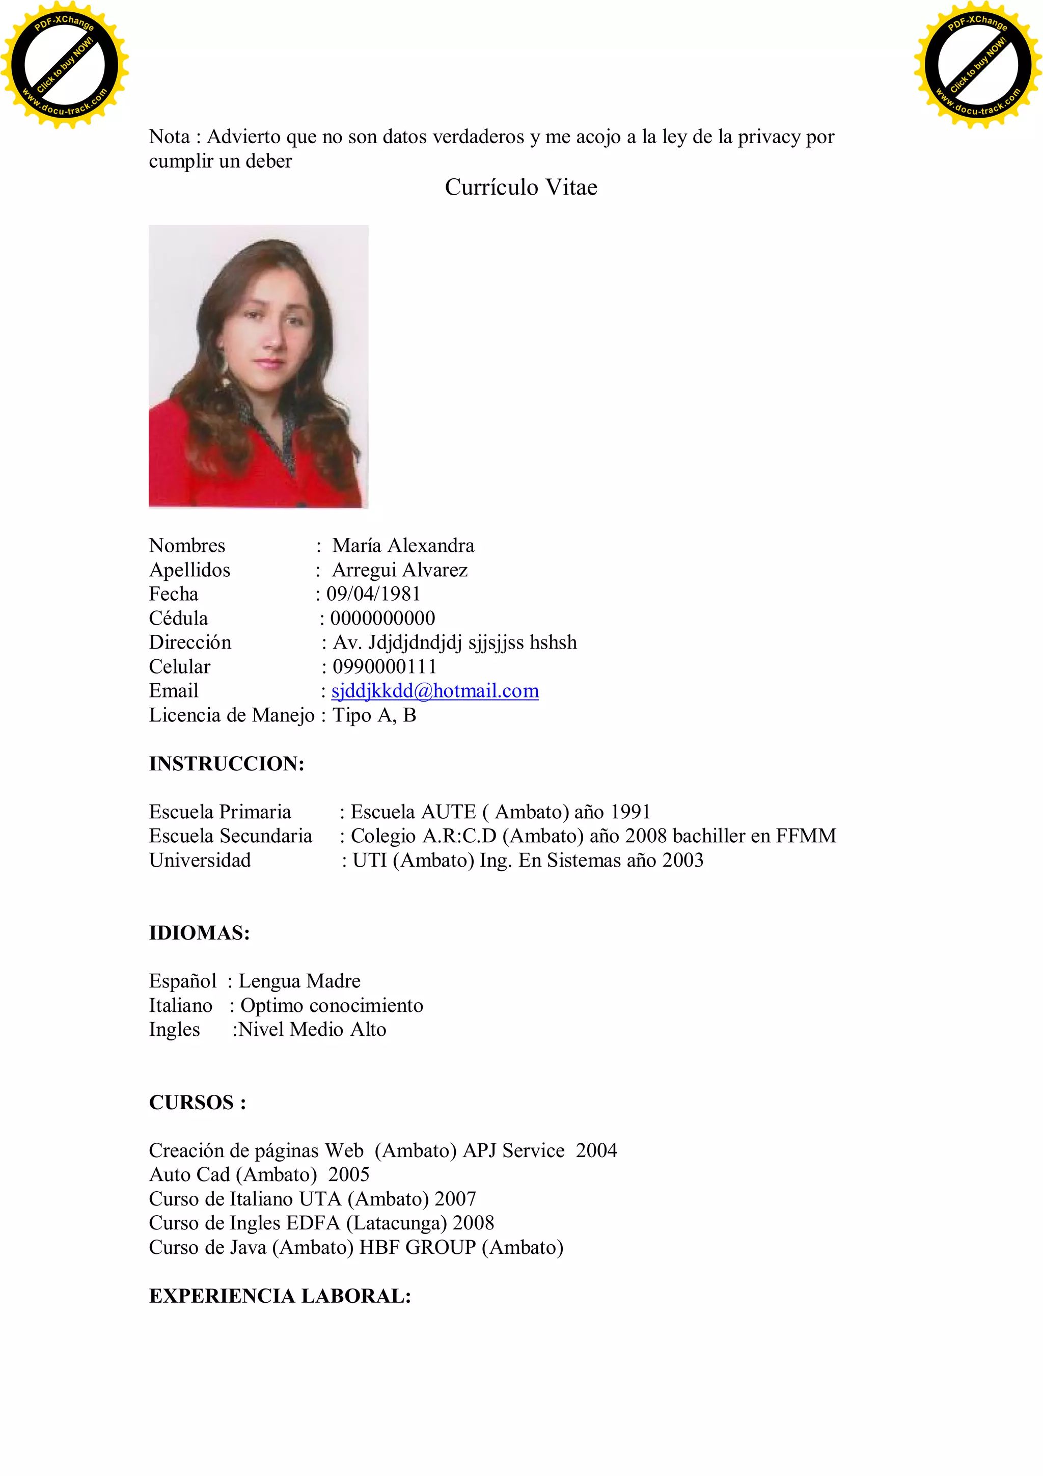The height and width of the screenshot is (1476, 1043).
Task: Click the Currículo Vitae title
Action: click(520, 187)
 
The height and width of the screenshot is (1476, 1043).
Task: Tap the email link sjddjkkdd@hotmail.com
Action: click(435, 690)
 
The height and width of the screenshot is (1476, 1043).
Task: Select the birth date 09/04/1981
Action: click(373, 594)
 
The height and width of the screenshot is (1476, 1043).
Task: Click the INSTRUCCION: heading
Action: click(226, 763)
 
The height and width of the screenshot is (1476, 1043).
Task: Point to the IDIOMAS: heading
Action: click(199, 932)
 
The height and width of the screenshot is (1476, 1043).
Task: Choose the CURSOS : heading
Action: click(197, 1102)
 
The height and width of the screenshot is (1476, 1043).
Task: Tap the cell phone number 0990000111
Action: click(385, 666)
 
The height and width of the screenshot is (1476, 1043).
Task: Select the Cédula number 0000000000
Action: click(382, 618)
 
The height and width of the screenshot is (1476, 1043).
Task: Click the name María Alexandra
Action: click(403, 545)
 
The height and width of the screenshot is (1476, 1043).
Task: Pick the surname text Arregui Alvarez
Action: click(400, 570)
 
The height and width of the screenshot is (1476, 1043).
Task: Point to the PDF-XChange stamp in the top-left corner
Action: click(64, 64)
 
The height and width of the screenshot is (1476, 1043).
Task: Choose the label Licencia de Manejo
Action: click(231, 715)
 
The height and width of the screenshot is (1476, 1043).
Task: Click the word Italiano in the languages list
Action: click(181, 1005)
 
